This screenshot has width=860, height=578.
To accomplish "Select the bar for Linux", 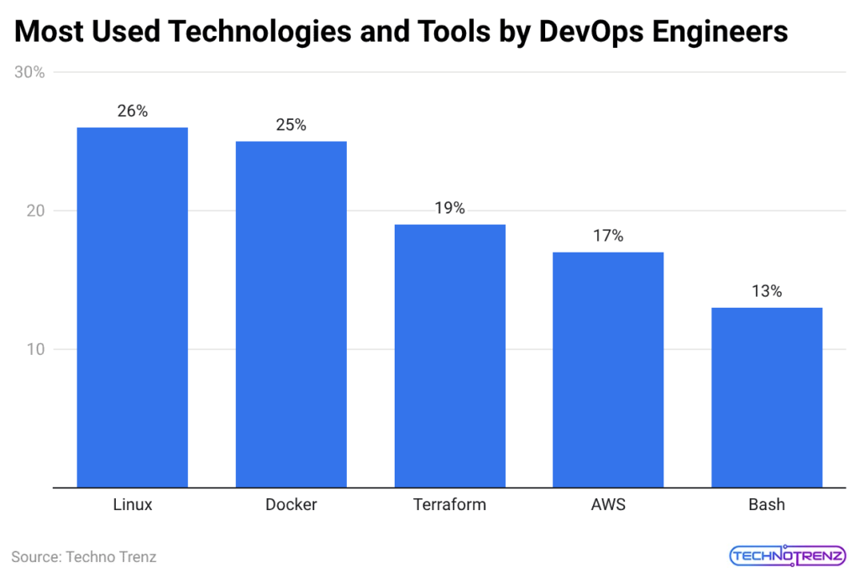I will click(x=133, y=307).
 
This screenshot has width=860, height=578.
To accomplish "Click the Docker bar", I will click(x=291, y=314).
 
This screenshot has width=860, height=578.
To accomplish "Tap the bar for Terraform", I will click(x=450, y=356).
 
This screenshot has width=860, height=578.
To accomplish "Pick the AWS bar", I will click(x=608, y=369).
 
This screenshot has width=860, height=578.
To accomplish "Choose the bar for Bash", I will click(x=767, y=397).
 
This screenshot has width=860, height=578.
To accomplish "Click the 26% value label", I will click(x=133, y=111).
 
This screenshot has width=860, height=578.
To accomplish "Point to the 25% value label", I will click(x=291, y=125).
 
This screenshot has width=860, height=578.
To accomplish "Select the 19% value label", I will click(x=450, y=208).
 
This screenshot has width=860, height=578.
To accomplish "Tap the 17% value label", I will click(x=608, y=236).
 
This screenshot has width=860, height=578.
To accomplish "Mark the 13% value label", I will click(x=767, y=291).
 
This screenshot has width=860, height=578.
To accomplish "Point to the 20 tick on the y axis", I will click(x=34, y=211).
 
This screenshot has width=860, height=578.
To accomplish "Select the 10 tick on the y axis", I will click(x=34, y=350).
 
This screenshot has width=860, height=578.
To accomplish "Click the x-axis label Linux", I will click(x=133, y=505).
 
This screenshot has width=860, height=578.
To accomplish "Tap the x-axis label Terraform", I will click(x=450, y=505).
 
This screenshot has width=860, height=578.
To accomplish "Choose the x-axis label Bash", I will click(x=767, y=505).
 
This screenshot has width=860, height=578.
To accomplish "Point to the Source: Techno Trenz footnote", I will click(x=84, y=556).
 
